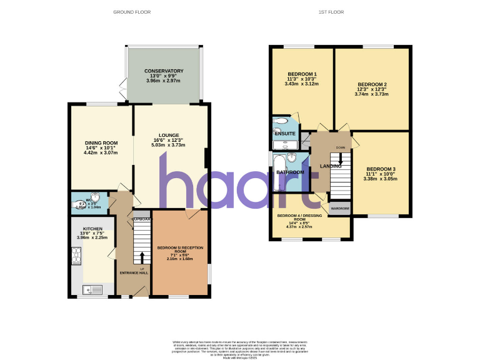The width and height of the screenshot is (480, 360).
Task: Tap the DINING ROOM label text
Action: [101, 142]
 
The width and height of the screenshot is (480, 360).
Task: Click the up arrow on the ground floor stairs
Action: [142, 257]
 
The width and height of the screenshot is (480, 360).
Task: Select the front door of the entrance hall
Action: [141, 291]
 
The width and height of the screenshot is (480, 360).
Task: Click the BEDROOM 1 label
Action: [302, 74]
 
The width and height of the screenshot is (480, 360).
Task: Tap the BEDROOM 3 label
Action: [381, 169]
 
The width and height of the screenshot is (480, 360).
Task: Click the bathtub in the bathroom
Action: [279, 174]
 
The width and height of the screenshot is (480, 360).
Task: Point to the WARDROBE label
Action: [339, 207]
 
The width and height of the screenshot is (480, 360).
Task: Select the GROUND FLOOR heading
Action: [132, 12]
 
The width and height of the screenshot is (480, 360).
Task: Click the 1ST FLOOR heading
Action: [331, 12]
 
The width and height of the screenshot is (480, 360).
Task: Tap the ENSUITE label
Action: [284, 134]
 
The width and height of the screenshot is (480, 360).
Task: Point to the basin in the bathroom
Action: [291, 157]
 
